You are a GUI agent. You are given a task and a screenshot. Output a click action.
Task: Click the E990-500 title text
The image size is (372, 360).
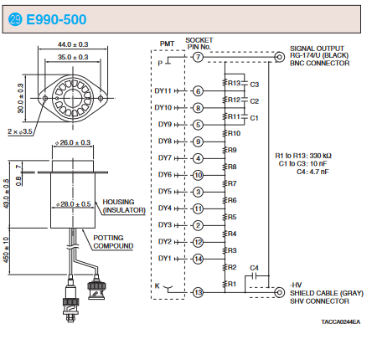[56, 19]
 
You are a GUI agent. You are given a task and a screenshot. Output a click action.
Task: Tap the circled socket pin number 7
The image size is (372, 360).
[198, 57]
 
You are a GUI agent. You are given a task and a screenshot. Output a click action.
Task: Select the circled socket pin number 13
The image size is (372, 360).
[198, 292]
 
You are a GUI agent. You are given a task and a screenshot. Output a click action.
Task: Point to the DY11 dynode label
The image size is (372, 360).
[163, 91]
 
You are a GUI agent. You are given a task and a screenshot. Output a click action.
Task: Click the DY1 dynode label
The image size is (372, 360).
[164, 259]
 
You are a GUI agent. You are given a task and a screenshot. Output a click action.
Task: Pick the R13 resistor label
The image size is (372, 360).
[234, 83]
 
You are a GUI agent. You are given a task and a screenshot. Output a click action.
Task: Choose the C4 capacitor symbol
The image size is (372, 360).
[254, 276]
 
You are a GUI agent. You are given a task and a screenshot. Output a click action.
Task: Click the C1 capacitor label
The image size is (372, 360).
[255, 118]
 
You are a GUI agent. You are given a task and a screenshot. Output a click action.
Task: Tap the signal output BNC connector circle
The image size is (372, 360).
[279, 57]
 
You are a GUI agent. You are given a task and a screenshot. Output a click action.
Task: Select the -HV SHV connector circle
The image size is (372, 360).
[279, 292]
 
